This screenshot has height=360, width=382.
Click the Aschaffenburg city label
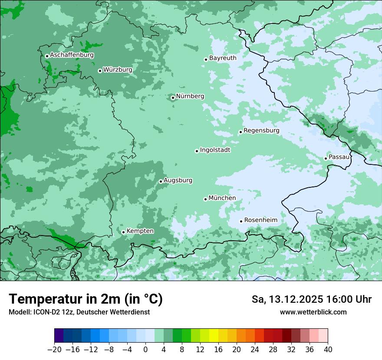pyautogui.click(x=72, y=55)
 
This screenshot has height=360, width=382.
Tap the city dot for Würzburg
pyautogui.click(x=100, y=71)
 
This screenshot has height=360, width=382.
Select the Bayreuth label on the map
pyautogui.click(x=223, y=58)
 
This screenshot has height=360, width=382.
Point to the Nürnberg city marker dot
pyautogui.click(x=173, y=98)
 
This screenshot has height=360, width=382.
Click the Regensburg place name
pyautogui.click(x=261, y=130)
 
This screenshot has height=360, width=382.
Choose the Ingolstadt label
pyautogui.click(x=215, y=150)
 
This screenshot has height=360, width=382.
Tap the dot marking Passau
pyautogui.click(x=326, y=158)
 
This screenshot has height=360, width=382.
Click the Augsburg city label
pyautogui.click(x=178, y=180)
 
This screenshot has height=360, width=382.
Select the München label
pyautogui.click(x=222, y=198)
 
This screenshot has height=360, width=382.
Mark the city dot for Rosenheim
pyautogui.click(x=241, y=221)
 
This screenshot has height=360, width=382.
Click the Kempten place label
pyautogui.click(x=140, y=231)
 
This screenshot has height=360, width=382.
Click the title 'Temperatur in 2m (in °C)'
pyautogui.click(x=86, y=299)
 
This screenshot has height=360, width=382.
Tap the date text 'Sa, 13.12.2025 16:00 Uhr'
pyautogui.click(x=311, y=299)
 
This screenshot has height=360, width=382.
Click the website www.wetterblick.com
pyautogui.click(x=313, y=312)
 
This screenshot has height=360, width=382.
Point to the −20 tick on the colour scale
pyautogui.click(x=55, y=349)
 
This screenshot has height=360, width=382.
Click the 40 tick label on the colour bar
pyautogui.click(x=328, y=349)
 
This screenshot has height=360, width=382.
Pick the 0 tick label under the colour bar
pyautogui.click(x=145, y=349)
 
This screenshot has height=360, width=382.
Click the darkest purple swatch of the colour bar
pyautogui.click(x=59, y=336)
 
